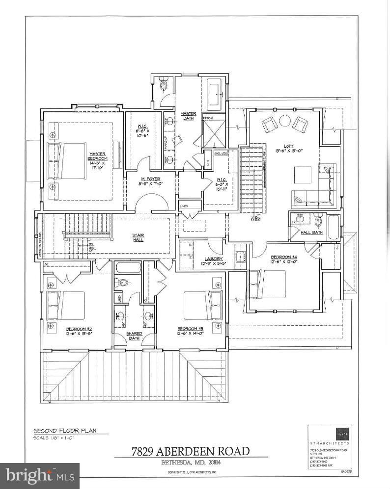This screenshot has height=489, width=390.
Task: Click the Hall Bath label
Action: tap(311, 232)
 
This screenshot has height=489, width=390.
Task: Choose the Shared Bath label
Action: tap(134, 335)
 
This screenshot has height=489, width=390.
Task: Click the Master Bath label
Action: tap(188, 116)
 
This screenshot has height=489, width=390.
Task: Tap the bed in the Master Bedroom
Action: tap(66, 160)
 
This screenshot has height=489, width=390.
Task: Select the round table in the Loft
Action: tap(285, 120)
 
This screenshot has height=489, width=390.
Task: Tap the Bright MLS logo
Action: tap(40, 475)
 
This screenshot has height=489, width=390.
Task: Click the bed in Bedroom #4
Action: tap(268, 284)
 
